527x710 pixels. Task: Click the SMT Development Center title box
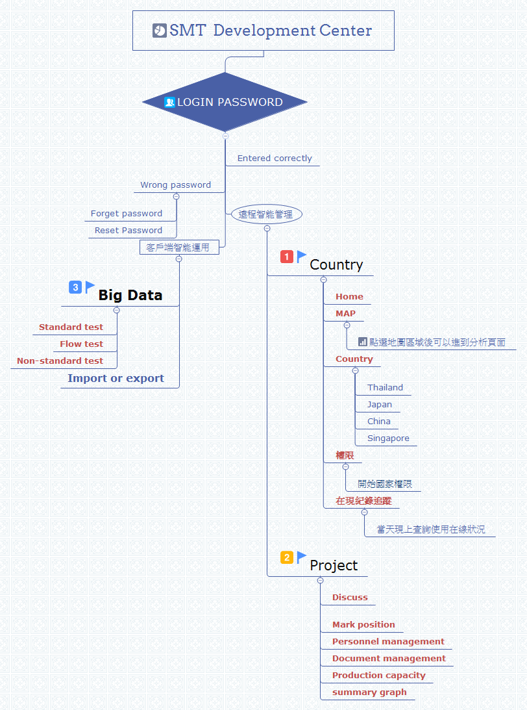[263, 31]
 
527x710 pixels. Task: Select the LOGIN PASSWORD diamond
[225, 102]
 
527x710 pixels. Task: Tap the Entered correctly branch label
[275, 158]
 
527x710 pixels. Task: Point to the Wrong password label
[175, 185]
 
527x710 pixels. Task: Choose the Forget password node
[127, 214]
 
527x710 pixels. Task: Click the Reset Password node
[129, 231]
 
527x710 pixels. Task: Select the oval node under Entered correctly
[266, 214]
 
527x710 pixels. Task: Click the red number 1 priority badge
[287, 257]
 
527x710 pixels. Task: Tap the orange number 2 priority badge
[287, 557]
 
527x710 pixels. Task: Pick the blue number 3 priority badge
[75, 287]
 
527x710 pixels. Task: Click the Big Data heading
[130, 296]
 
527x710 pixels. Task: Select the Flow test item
[81, 344]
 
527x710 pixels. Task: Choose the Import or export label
[116, 379]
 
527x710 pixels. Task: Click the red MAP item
[345, 314]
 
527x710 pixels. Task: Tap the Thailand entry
[385, 388]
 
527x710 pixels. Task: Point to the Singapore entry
[388, 438]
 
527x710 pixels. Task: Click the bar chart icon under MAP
[363, 342]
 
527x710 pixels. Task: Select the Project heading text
[334, 566]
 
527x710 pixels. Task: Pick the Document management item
[389, 659]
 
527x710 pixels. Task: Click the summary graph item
[369, 692]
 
